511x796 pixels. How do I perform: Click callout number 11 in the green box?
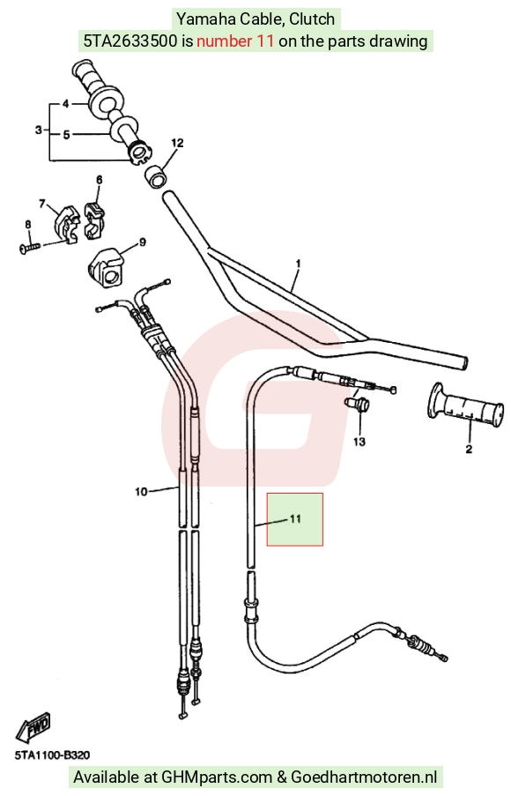click(x=295, y=519)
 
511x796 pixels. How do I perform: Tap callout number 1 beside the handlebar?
click(x=299, y=264)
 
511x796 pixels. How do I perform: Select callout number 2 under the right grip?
click(x=469, y=449)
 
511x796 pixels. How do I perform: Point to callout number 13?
click(x=359, y=442)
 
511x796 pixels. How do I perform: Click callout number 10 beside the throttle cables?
click(x=141, y=491)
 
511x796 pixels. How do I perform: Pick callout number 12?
click(x=177, y=144)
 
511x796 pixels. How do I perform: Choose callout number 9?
click(x=143, y=242)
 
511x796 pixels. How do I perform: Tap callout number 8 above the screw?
click(x=28, y=225)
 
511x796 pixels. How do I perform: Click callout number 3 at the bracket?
click(x=39, y=130)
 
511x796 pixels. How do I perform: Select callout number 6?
click(x=99, y=180)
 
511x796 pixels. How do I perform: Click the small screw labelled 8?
click(x=30, y=248)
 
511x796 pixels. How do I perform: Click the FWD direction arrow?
click(x=33, y=727)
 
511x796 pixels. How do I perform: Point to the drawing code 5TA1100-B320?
click(x=52, y=755)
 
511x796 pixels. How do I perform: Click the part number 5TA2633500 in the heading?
click(x=131, y=41)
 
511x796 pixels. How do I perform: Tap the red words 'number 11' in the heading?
click(x=235, y=41)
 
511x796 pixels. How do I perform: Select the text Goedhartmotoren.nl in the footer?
click(x=364, y=777)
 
